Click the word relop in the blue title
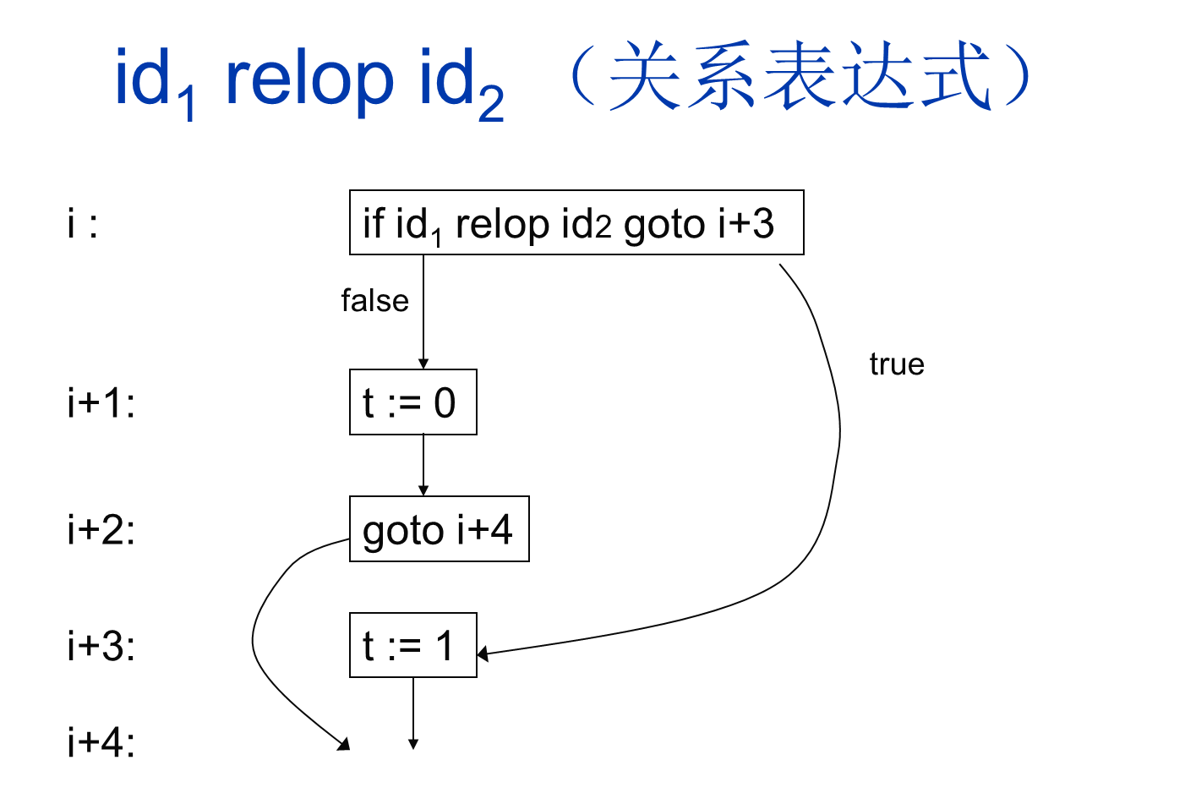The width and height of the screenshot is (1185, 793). coord(309,79)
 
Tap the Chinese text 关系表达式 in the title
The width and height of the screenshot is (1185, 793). coord(799,76)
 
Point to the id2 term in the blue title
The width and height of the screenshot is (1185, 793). coord(461,82)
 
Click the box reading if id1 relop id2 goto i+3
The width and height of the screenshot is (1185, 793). coord(576,223)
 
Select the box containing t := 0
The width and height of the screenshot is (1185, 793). coord(412,402)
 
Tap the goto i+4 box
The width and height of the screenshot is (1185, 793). coord(439,530)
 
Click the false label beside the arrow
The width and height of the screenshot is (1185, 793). coord(374,301)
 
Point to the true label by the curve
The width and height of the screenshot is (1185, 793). coord(896,364)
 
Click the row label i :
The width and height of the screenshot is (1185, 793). coord(83,224)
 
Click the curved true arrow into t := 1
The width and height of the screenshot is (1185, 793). coord(833,473)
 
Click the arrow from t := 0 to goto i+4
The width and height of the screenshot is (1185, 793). coord(423,465)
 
